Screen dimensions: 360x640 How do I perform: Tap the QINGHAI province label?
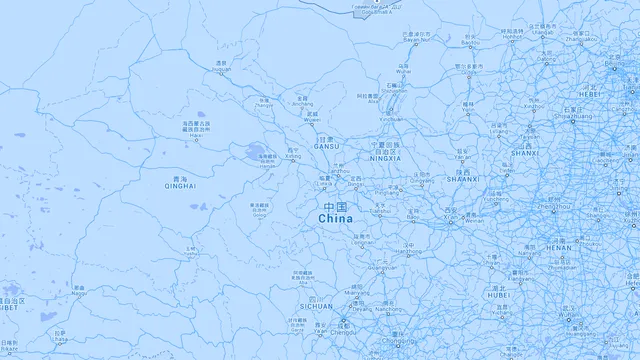[180, 185]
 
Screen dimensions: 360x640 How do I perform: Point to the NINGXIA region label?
[385, 158]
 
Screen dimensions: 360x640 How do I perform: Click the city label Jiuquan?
[221, 69]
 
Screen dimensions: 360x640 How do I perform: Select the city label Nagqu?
[79, 293]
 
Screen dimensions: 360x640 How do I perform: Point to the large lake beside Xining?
[256, 154]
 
